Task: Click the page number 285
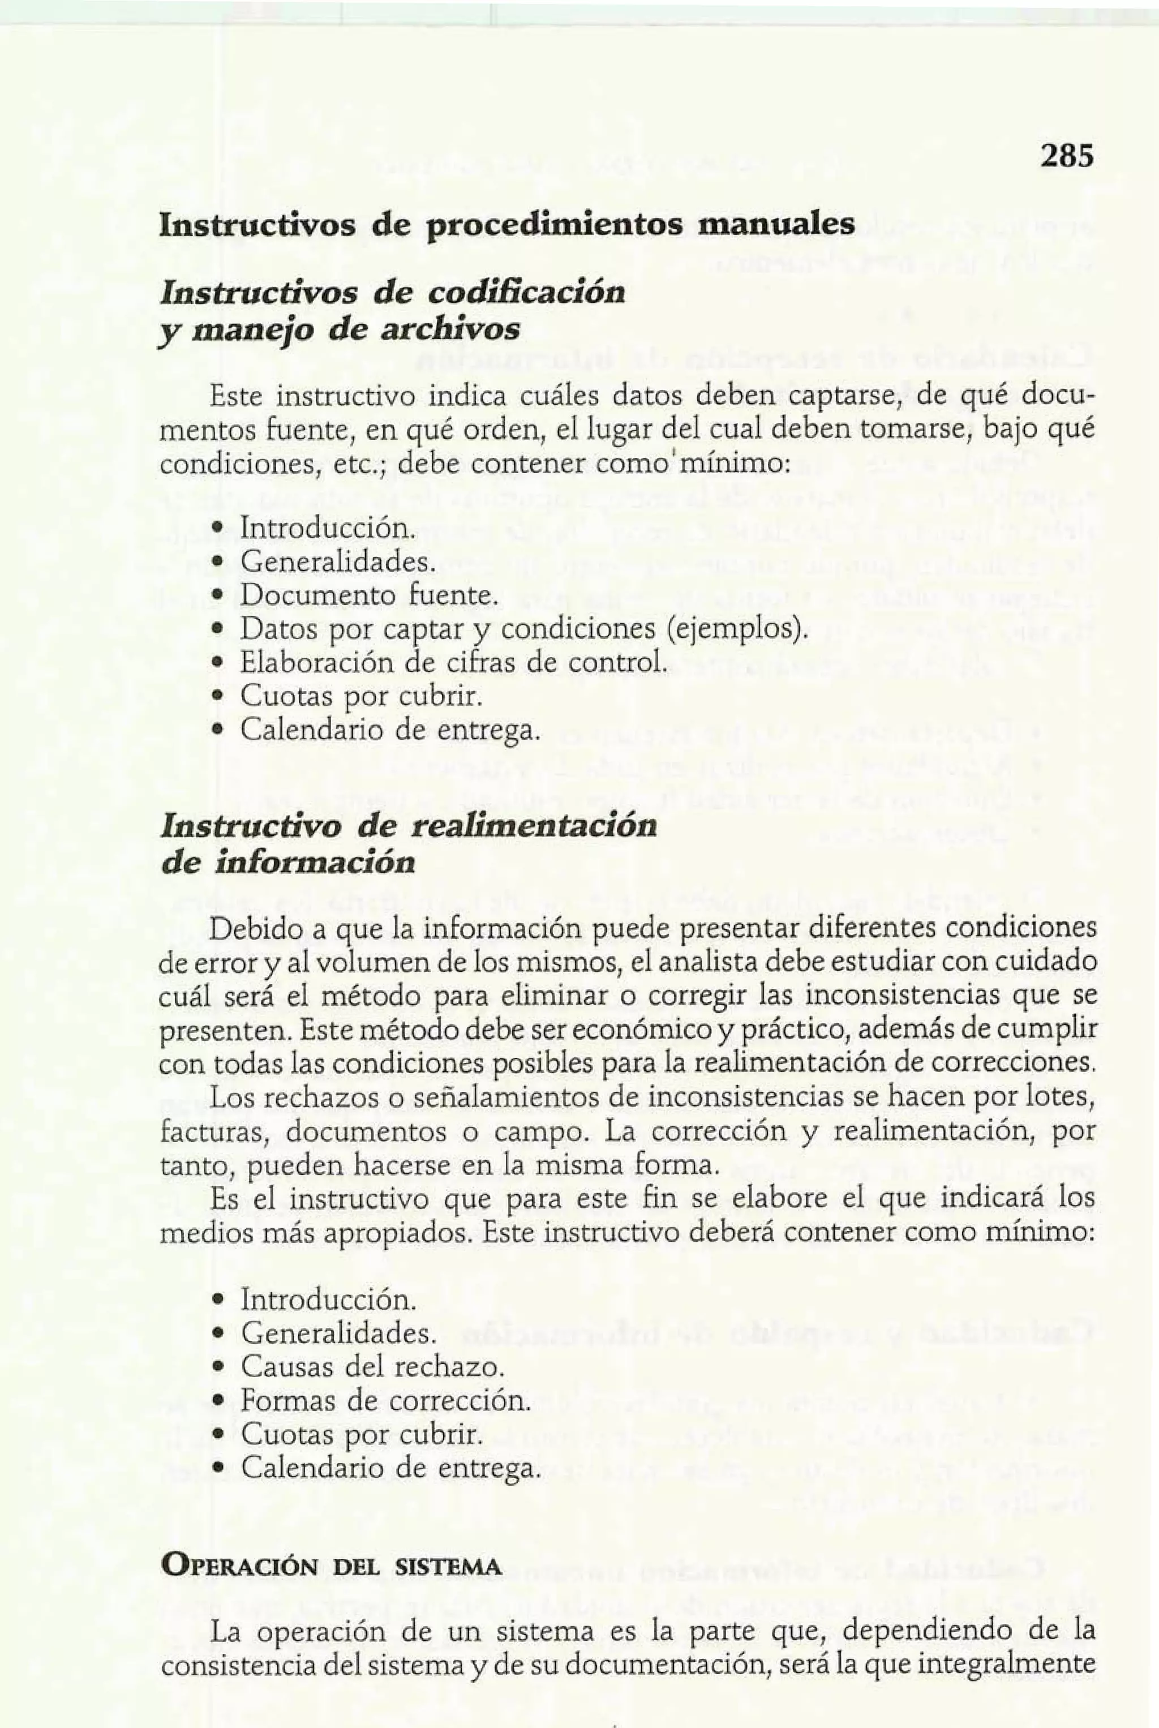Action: click(x=1065, y=157)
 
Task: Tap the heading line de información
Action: click(x=287, y=863)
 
